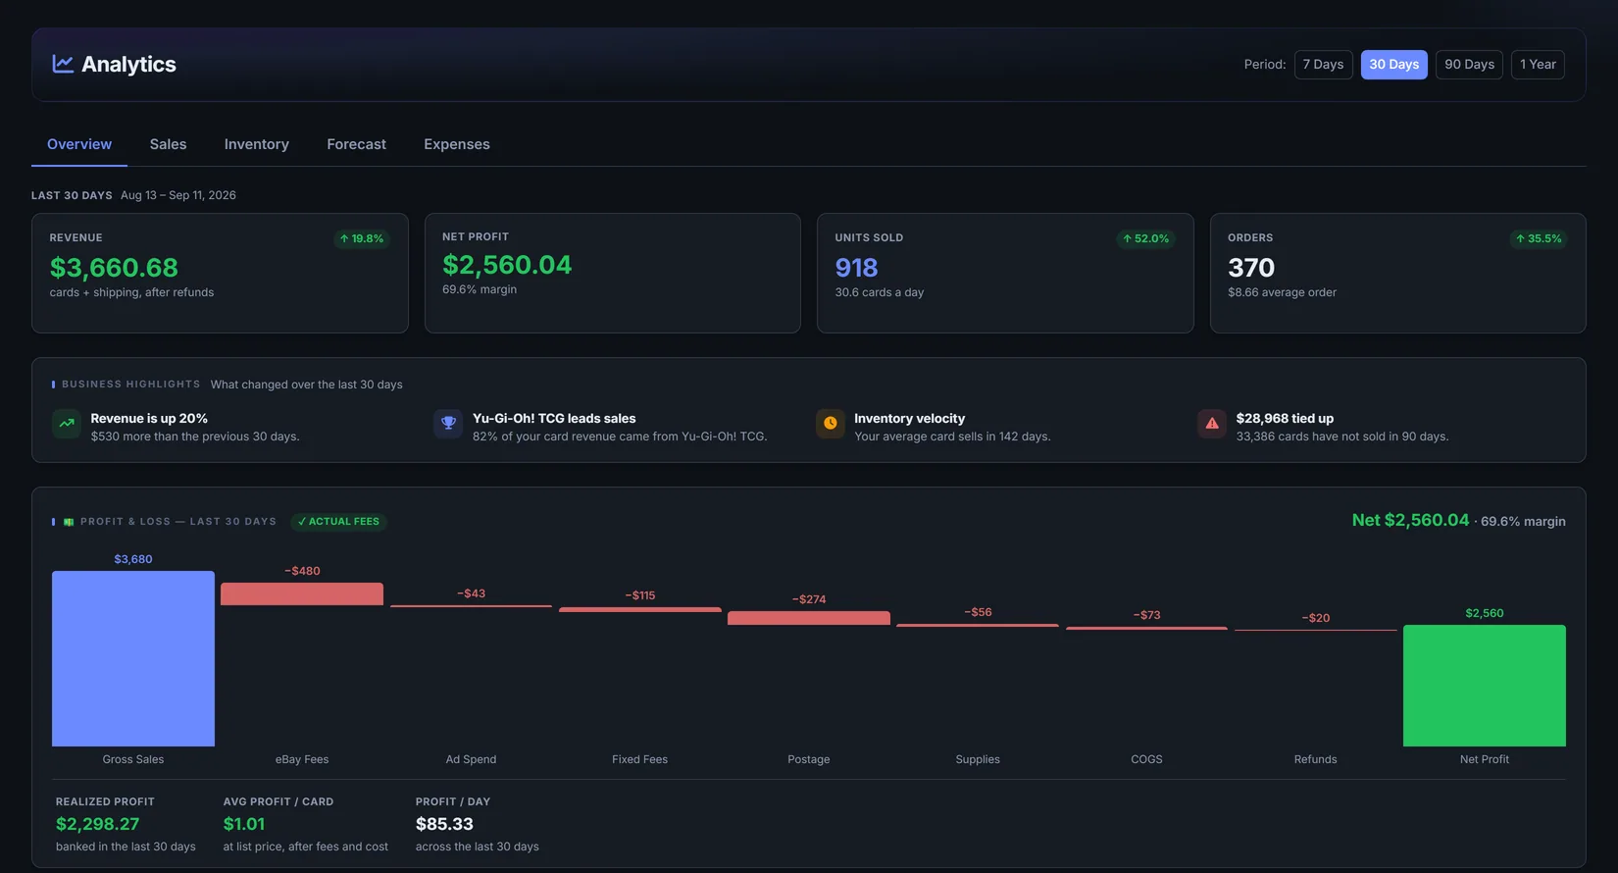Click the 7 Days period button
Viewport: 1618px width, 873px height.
pos(1323,65)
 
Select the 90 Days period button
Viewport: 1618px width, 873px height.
pos(1469,65)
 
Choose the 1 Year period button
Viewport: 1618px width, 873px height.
pos(1538,65)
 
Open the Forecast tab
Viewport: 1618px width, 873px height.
pos(356,144)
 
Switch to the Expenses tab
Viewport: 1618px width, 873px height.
pos(457,144)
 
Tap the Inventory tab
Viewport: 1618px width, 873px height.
pos(256,144)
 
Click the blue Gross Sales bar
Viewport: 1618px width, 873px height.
pos(133,658)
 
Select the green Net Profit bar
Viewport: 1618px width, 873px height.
pos(1485,685)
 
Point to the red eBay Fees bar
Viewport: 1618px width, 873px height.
pos(302,594)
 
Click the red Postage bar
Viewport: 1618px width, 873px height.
pos(808,618)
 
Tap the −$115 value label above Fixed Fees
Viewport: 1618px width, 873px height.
pos(640,595)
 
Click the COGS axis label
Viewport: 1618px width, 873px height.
pos(1146,759)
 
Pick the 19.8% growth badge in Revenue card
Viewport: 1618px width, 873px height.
pos(362,238)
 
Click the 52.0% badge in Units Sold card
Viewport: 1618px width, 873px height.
pos(1145,238)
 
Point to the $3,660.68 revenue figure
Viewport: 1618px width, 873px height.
pos(114,268)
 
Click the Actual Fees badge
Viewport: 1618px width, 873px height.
pos(338,521)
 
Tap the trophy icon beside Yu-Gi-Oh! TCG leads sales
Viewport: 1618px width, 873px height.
pos(448,424)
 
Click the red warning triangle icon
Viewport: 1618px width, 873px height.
pos(1211,424)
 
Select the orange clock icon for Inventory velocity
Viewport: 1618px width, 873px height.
pos(830,424)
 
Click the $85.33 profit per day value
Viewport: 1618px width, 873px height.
pos(444,824)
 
